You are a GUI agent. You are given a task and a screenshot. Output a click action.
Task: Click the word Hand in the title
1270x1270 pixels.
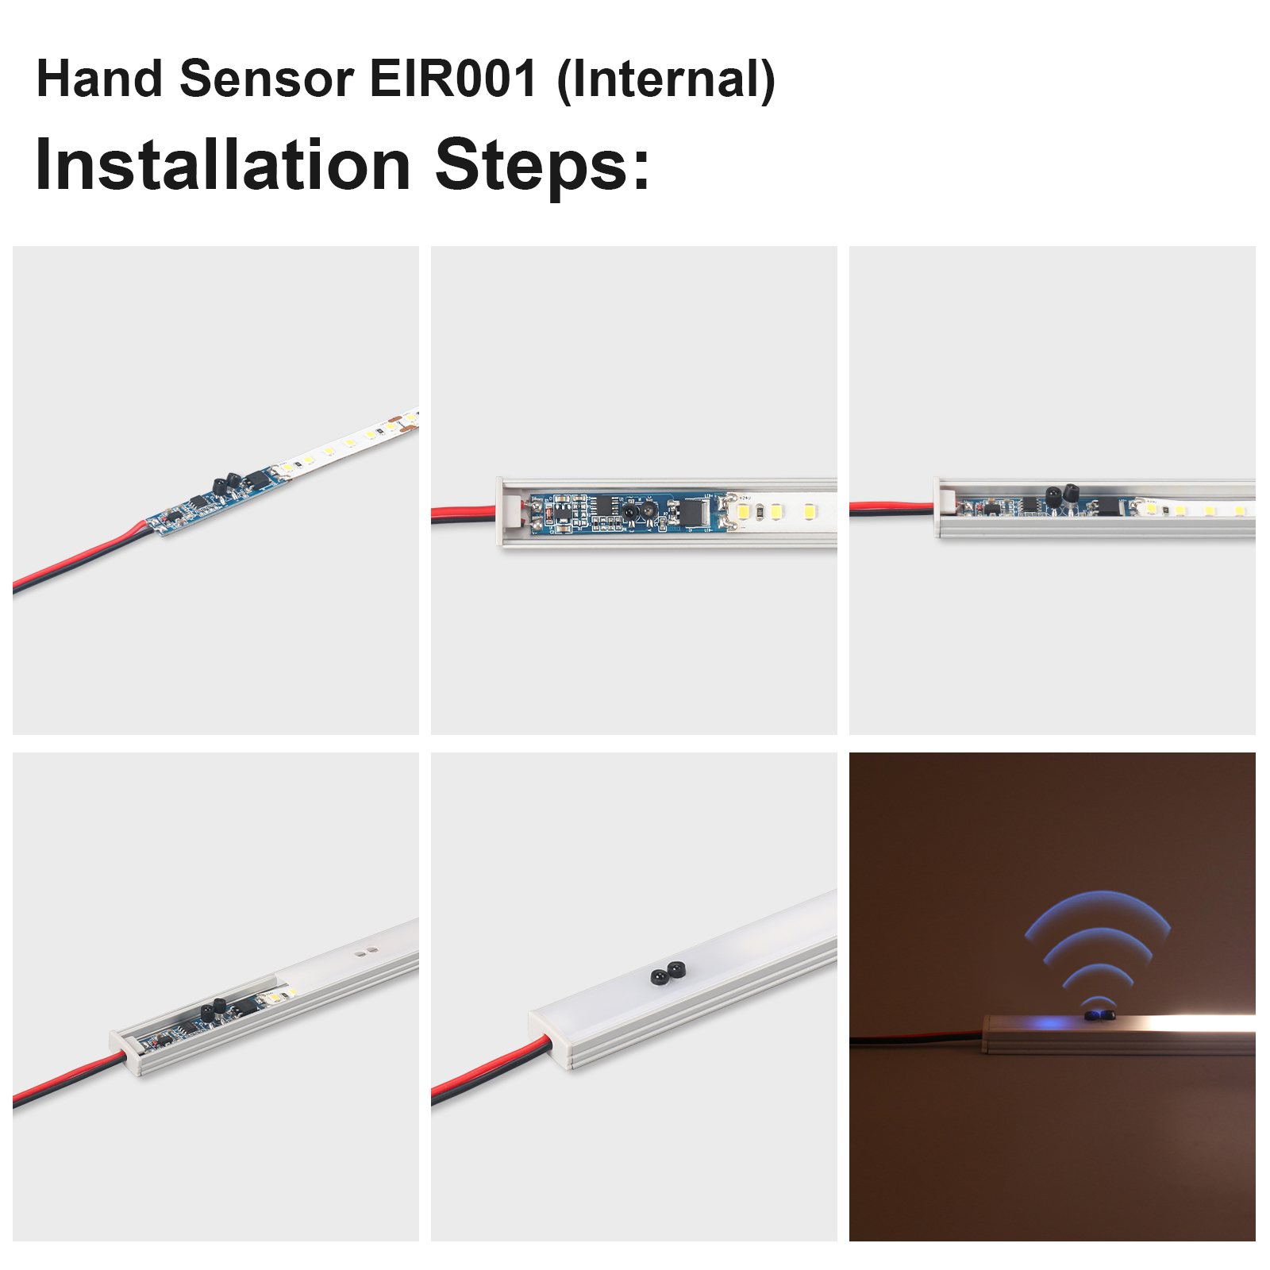coord(100,79)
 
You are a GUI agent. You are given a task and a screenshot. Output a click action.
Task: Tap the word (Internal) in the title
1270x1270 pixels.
coord(666,81)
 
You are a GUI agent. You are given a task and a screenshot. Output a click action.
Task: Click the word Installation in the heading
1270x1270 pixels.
coord(223,164)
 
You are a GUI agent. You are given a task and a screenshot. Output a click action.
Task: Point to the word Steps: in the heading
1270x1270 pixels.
coord(543,166)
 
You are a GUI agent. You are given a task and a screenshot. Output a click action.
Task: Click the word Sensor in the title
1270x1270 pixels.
coord(267,79)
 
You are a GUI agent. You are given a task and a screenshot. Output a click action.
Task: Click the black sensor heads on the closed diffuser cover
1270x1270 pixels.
coord(668,972)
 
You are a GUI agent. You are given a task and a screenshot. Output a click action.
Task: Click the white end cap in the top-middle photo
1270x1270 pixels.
coord(508,511)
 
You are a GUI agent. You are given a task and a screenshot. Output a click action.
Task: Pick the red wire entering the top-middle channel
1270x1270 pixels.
coord(464,512)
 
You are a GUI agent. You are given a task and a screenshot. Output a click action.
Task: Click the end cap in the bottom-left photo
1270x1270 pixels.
coord(125,1052)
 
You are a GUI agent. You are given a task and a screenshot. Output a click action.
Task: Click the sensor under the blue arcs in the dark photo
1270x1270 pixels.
coord(1099,1014)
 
